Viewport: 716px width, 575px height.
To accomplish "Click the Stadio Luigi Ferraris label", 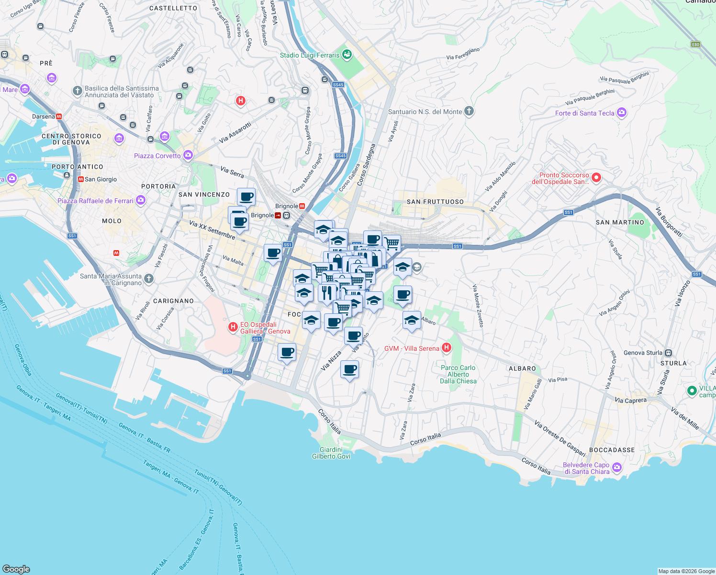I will [x=309, y=55].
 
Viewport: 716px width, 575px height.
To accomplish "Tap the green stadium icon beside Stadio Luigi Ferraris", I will [x=347, y=55].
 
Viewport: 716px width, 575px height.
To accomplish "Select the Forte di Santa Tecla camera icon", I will [x=622, y=113].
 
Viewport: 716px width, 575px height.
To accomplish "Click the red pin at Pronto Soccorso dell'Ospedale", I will [x=596, y=178].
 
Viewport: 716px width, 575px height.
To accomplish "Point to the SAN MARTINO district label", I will [x=620, y=222].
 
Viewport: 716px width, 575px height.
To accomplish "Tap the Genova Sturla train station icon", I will [x=669, y=353].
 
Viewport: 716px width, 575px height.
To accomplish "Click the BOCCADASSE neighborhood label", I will [x=612, y=450].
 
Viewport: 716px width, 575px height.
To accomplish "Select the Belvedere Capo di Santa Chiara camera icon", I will [x=617, y=467].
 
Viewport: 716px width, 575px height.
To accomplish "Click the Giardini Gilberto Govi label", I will [x=331, y=453].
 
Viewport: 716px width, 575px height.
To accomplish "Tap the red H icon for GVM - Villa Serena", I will [x=447, y=348].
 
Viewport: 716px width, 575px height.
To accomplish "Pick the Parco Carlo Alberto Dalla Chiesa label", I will [x=458, y=374].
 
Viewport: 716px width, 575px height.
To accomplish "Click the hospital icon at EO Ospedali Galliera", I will [x=233, y=327].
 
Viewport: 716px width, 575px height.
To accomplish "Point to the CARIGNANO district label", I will [x=173, y=301].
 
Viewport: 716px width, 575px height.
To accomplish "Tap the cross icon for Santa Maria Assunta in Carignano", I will [x=149, y=279].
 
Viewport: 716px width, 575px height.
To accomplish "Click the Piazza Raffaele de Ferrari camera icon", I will [x=141, y=200].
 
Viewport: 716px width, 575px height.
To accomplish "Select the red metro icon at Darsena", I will [x=59, y=116].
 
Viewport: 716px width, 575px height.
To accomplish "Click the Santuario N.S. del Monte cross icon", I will [x=469, y=112].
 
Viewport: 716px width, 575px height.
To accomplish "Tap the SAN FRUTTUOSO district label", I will [x=435, y=202].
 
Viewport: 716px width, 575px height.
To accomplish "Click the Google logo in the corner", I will [x=16, y=569].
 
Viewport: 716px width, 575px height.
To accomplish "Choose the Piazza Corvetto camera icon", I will [x=188, y=155].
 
